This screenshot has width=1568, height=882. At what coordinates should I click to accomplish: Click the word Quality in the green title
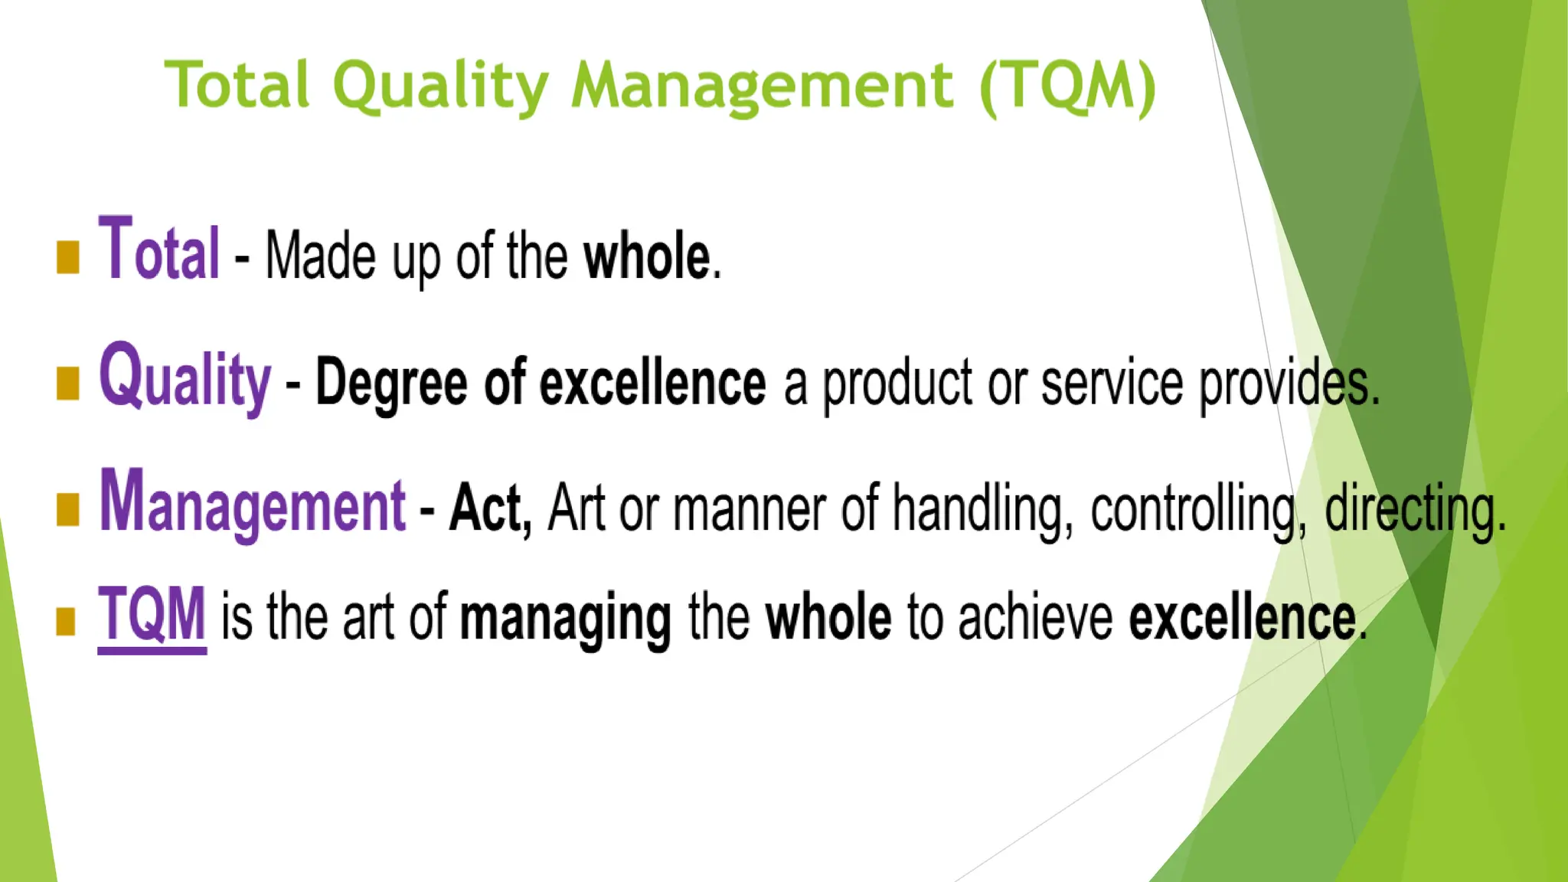click(x=440, y=86)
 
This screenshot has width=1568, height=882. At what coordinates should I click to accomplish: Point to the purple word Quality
click(x=185, y=377)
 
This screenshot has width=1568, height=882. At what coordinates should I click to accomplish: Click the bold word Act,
click(x=490, y=507)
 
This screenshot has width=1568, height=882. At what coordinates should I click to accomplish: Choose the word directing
click(x=1415, y=508)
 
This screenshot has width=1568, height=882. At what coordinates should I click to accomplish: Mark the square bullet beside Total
click(x=68, y=257)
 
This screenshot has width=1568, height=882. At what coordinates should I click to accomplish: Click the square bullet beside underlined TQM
click(x=66, y=621)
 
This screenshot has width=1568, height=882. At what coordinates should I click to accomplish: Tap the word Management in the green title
click(x=762, y=86)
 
